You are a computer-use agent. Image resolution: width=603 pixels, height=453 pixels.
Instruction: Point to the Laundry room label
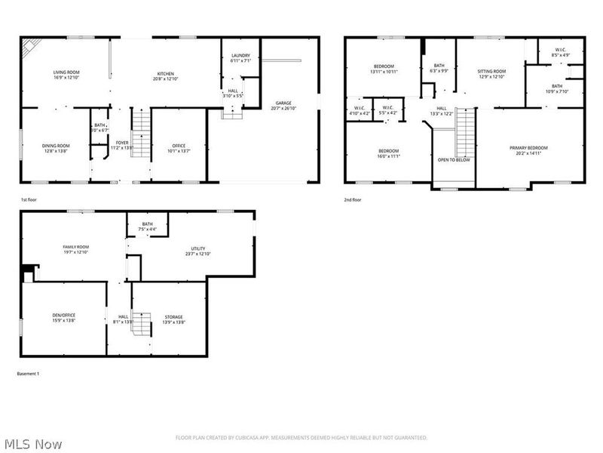pyautogui.click(x=240, y=57)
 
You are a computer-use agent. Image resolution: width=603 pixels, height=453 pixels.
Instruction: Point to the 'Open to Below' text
pyautogui.click(x=454, y=160)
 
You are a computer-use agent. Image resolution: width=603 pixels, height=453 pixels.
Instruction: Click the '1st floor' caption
pyautogui.click(x=29, y=200)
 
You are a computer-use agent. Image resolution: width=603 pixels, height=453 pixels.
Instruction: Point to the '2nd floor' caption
pyautogui.click(x=353, y=200)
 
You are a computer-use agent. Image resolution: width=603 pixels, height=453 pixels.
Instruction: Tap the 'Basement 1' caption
pyautogui.click(x=28, y=374)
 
